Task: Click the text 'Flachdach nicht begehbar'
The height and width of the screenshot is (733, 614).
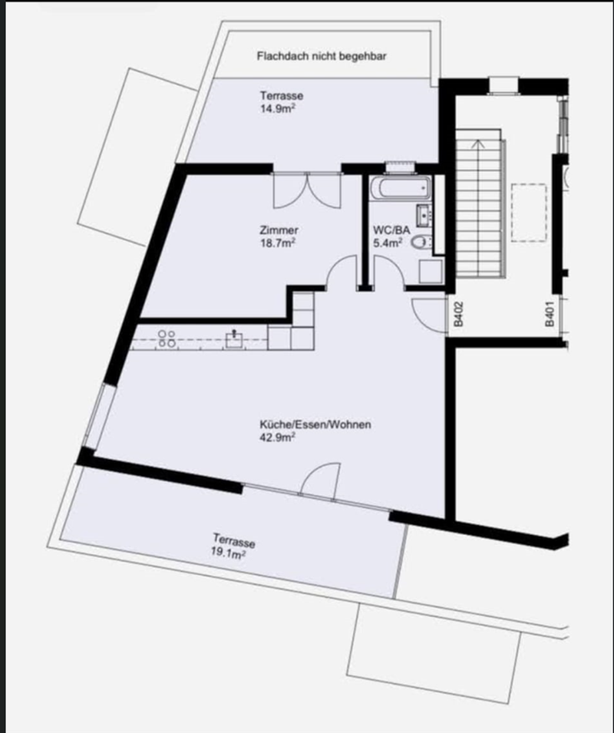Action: (322, 56)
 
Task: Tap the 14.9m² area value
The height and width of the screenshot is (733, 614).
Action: (278, 109)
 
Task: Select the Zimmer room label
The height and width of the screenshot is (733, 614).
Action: (279, 230)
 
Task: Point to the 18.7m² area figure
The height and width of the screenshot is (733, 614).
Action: (278, 243)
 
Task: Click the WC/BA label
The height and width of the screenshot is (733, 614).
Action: (391, 230)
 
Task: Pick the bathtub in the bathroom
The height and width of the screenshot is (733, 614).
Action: (401, 188)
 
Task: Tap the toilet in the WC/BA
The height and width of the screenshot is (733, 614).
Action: (422, 242)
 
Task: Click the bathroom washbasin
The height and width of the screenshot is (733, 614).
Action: (424, 216)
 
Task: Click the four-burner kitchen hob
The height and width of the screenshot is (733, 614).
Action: (167, 338)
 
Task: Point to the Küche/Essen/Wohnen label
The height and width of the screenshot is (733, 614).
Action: (315, 424)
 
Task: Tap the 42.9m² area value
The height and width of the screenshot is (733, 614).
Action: (277, 437)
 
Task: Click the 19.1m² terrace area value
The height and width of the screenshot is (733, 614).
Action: (228, 554)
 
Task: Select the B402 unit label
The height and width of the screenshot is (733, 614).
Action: (458, 314)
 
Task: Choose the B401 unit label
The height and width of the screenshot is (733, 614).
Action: (550, 314)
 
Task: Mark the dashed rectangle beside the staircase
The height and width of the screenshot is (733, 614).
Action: (529, 213)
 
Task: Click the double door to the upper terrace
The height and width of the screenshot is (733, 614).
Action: (307, 190)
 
